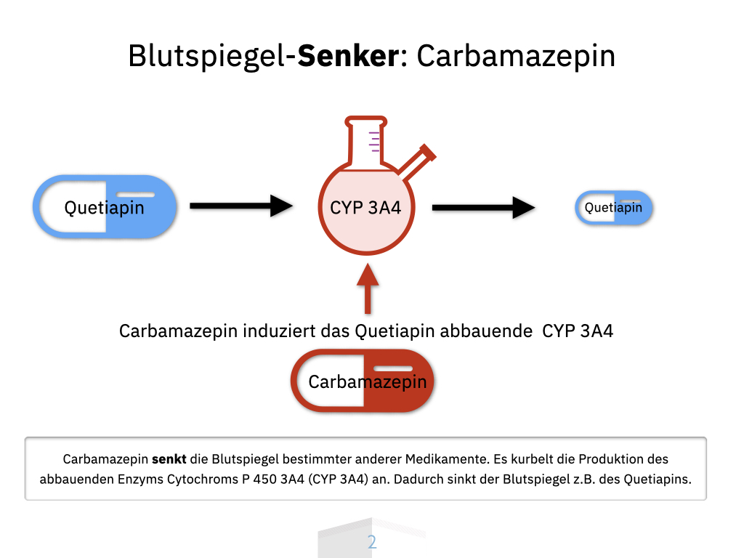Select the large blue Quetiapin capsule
[105, 207]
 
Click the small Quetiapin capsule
[614, 208]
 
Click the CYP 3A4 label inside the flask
[365, 209]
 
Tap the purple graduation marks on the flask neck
[375, 141]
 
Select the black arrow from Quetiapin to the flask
[240, 206]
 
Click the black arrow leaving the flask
[483, 208]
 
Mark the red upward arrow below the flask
[368, 287]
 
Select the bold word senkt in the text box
[169, 459]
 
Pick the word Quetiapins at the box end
[658, 480]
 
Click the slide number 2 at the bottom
[372, 542]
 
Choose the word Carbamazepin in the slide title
[516, 56]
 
